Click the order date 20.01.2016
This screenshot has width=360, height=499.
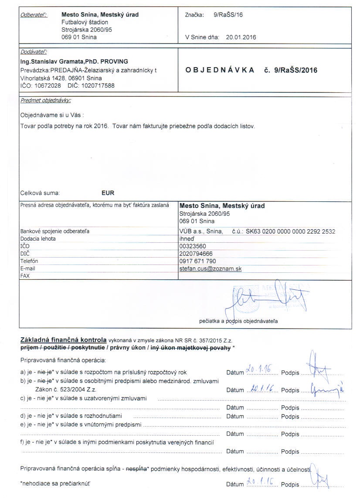pyautogui.click(x=241, y=37)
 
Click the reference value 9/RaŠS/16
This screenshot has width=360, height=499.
pyautogui.click(x=228, y=15)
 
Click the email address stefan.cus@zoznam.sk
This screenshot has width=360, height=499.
pyautogui.click(x=211, y=269)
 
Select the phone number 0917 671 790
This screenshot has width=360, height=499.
pyautogui.click(x=197, y=261)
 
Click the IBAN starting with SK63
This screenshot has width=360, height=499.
pyautogui.click(x=290, y=231)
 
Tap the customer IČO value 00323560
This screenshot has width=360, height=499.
pyautogui.click(x=193, y=246)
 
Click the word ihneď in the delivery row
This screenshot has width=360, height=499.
pyautogui.click(x=187, y=239)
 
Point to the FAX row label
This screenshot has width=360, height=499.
pyautogui.click(x=26, y=276)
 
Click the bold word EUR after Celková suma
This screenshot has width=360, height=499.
pyautogui.click(x=108, y=193)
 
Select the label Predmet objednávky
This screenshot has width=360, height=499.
pyautogui.click(x=45, y=101)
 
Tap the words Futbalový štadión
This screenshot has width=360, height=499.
pyautogui.click(x=85, y=22)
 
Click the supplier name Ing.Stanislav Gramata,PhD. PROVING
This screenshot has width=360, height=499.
pyautogui.click(x=74, y=61)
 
